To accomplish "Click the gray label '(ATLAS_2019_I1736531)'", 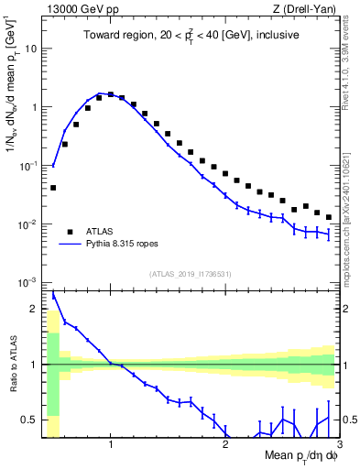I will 191,274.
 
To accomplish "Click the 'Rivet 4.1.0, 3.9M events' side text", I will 352,73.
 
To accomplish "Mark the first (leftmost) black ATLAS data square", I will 53,187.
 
